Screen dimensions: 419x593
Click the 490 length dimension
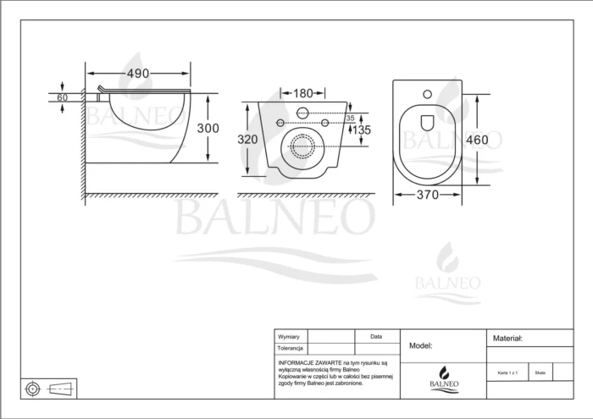pos(140,74)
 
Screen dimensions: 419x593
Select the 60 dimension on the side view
pos(62,97)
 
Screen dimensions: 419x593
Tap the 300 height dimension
pos(208,128)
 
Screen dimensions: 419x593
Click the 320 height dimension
pos(247,139)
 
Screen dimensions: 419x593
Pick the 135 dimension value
pos(362,130)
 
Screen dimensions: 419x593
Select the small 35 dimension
pos(349,119)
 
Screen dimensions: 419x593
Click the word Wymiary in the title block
pos(289,337)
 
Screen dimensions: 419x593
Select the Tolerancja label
pos(291,348)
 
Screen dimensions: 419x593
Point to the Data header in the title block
pos(376,336)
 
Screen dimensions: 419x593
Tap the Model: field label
pos(421,345)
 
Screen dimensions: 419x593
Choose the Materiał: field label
pos(507,338)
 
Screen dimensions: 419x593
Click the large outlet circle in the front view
pos(302,149)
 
